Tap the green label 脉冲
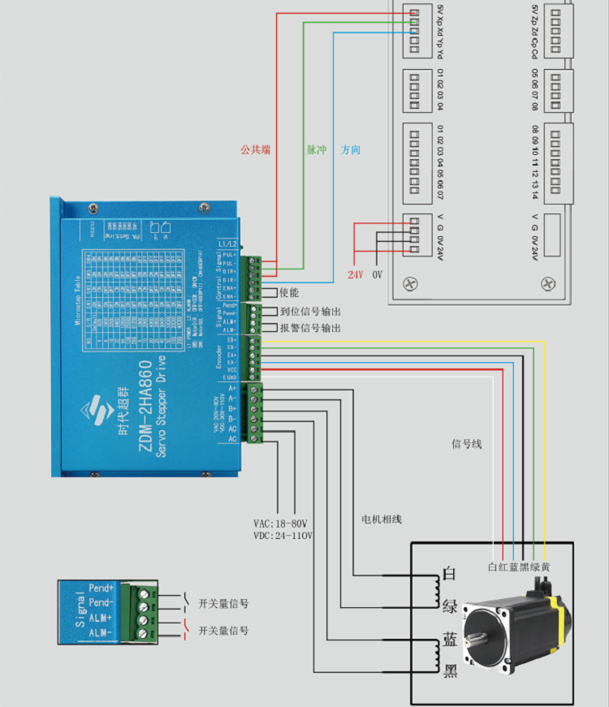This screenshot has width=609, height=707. pyautogui.click(x=316, y=150)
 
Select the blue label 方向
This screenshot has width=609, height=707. pyautogui.click(x=351, y=150)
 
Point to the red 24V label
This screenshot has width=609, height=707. pyautogui.click(x=355, y=275)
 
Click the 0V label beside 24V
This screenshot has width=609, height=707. pyautogui.click(x=377, y=275)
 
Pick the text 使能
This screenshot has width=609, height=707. pyautogui.click(x=289, y=292)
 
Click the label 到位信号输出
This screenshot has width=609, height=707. pyautogui.click(x=309, y=312)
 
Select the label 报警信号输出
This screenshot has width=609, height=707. pyautogui.click(x=309, y=328)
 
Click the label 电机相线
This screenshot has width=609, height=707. pyautogui.click(x=382, y=519)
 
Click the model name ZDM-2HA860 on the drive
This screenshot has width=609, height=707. pyautogui.click(x=145, y=410)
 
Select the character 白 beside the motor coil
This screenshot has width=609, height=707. pyautogui.click(x=449, y=574)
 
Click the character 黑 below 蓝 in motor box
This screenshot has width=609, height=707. pyautogui.click(x=449, y=670)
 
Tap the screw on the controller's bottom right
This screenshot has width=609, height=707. pyautogui.click(x=549, y=283)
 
